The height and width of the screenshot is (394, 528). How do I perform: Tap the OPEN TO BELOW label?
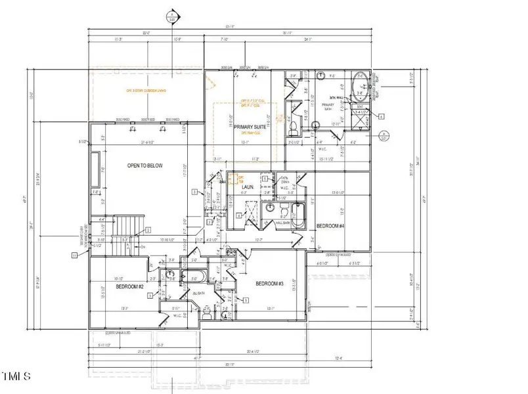click(x=145, y=166)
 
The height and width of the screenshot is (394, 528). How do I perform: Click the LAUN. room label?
click(x=247, y=187)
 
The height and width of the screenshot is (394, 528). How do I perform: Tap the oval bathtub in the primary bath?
click(x=361, y=87)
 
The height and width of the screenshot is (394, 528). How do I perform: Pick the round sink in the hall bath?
click(x=271, y=209)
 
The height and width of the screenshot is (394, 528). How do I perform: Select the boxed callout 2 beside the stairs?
click(x=148, y=230)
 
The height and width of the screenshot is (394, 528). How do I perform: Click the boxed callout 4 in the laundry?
click(x=238, y=215)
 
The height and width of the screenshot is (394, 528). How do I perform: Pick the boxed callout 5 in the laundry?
click(x=264, y=179)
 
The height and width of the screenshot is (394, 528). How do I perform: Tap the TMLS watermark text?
click(x=16, y=377)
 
